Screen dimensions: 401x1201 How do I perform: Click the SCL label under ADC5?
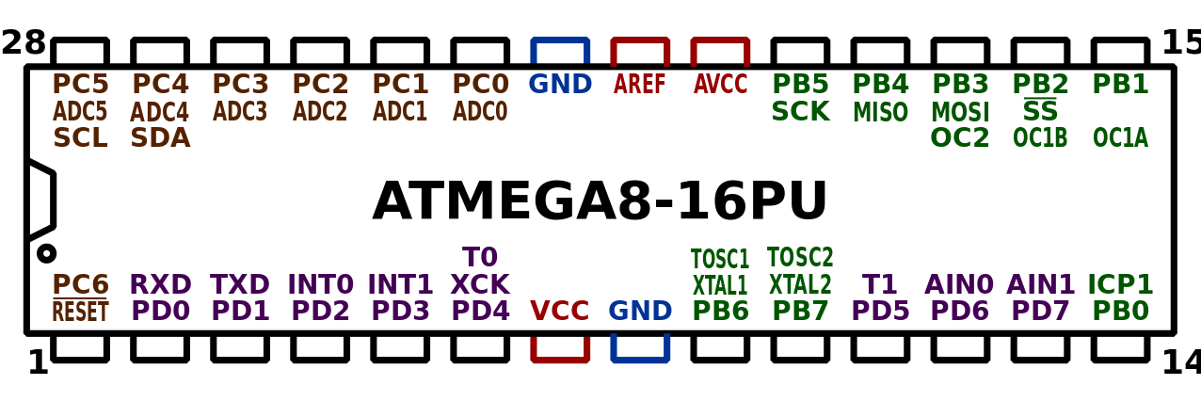80,138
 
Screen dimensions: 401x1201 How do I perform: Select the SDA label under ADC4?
160,138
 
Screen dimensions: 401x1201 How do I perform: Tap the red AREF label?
640,85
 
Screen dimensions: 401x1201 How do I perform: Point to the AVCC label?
720,85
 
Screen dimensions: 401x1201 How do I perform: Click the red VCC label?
560,311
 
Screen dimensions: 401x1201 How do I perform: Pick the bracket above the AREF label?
640,47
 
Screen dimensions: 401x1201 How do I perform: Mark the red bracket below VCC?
560,351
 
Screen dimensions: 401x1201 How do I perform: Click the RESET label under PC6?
80,312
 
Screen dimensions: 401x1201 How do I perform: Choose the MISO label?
880,112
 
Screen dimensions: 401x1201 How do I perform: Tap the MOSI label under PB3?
960,112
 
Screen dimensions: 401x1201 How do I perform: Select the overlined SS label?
1040,112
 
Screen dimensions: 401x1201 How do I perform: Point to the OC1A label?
1120,138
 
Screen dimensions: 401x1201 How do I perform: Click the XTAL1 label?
720,284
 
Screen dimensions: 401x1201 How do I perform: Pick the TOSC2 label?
800,257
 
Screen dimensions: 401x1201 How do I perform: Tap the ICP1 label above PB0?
1120,284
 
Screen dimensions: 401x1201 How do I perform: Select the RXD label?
160,284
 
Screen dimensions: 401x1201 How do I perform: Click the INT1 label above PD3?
400,284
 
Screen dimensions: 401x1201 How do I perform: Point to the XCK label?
480,284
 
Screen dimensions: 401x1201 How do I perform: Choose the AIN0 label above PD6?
960,284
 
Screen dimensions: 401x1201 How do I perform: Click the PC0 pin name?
480,84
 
